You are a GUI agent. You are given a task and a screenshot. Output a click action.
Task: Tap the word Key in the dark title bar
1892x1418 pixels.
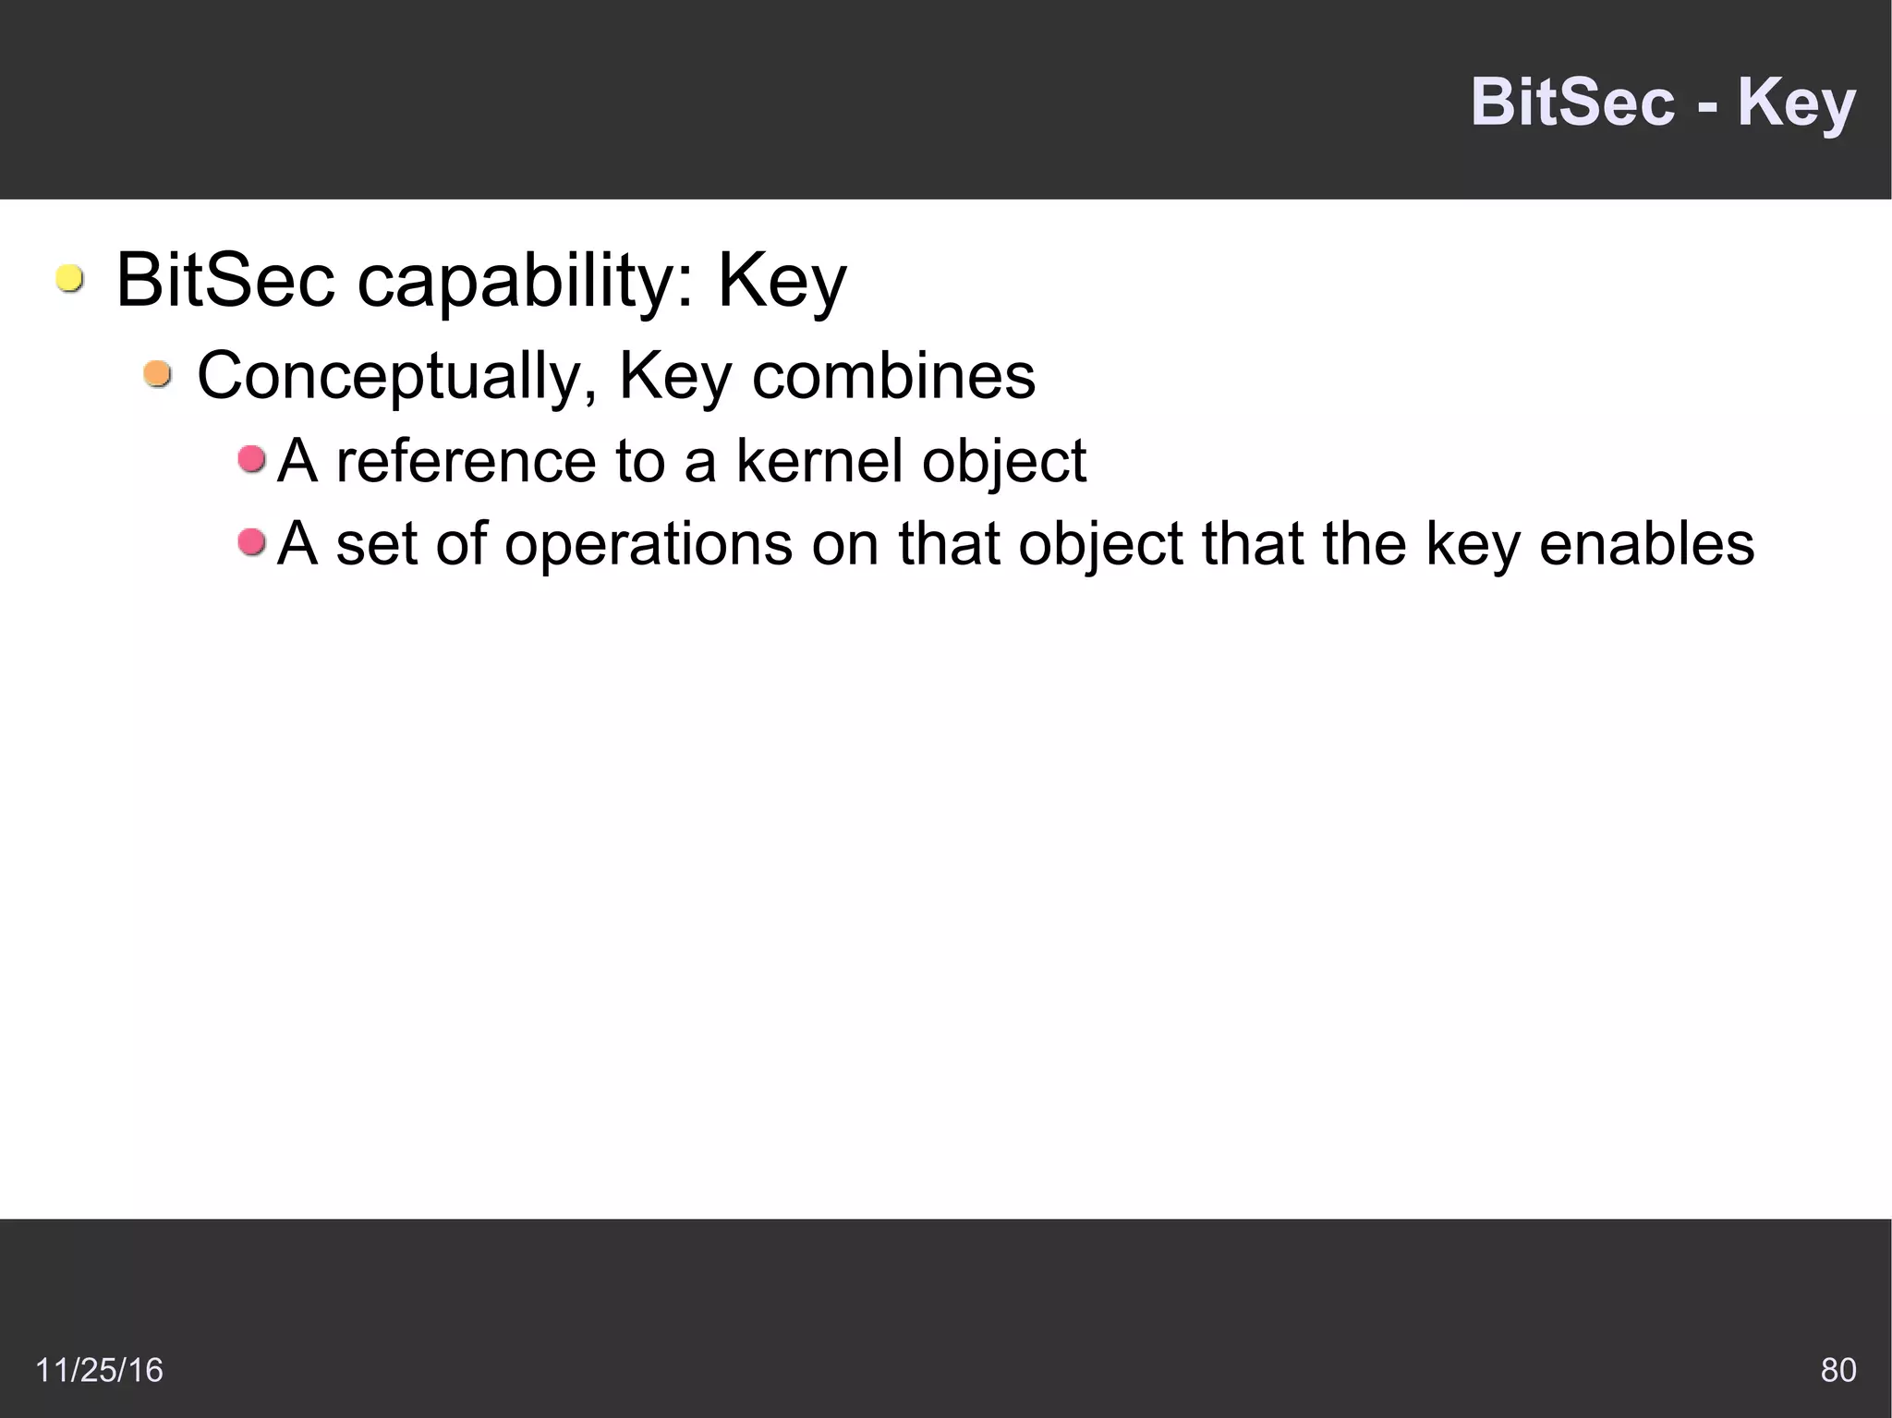(x=1796, y=103)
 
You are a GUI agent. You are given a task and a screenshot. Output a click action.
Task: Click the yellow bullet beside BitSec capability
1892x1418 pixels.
(x=69, y=278)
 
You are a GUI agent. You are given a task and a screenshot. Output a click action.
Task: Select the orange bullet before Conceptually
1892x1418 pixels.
(x=158, y=374)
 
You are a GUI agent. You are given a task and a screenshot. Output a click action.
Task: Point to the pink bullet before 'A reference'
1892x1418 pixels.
(x=251, y=458)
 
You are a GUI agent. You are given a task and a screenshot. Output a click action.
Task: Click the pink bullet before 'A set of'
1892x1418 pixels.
(x=251, y=541)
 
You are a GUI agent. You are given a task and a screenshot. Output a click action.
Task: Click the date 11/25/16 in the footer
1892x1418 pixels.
(x=99, y=1369)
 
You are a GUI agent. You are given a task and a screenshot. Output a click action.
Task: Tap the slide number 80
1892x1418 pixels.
(x=1837, y=1369)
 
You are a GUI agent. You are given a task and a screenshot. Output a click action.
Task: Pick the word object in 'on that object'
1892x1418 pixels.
(x=1100, y=544)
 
